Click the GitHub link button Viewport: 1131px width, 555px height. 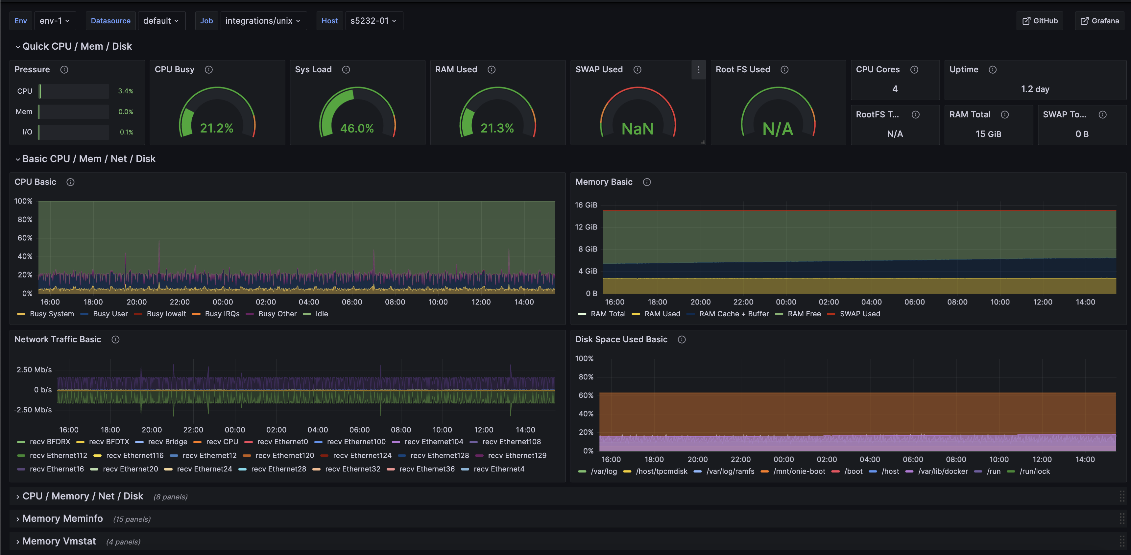pos(1040,21)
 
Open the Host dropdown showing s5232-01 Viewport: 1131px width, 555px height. pos(373,21)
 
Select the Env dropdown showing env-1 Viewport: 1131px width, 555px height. pos(55,21)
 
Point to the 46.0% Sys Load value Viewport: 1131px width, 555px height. pos(357,128)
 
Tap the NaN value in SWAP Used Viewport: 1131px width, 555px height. pos(638,129)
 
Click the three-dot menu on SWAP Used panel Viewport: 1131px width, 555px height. pos(698,70)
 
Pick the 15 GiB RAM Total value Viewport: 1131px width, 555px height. pos(988,134)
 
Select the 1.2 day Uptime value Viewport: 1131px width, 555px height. pos(1035,89)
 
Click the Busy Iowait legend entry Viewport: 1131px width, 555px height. pos(166,314)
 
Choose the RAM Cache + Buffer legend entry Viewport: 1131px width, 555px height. pos(734,314)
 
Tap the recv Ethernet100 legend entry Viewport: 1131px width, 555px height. pos(356,442)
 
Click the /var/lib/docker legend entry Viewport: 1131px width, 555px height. pos(943,471)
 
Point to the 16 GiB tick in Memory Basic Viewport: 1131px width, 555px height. pos(586,205)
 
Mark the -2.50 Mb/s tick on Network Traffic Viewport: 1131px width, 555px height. pos(33,410)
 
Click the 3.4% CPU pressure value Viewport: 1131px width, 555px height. pos(126,91)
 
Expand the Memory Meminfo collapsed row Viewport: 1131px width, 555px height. pos(62,519)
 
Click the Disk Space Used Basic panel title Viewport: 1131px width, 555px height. pos(621,339)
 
